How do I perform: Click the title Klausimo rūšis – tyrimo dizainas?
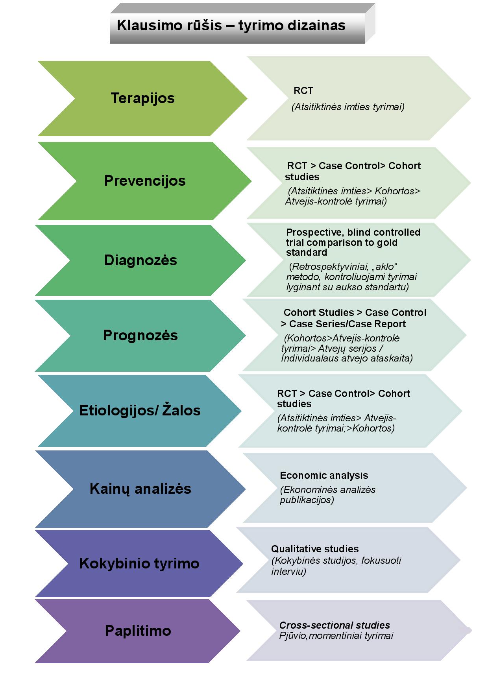(231, 26)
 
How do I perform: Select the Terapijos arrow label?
(142, 98)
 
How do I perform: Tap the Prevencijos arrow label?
(145, 181)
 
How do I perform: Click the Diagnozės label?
(140, 260)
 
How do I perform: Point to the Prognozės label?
(140, 336)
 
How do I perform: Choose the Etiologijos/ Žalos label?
(140, 410)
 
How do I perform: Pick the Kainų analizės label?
(140, 489)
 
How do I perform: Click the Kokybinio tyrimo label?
(139, 564)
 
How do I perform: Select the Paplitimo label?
(138, 631)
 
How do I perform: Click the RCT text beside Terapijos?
(303, 91)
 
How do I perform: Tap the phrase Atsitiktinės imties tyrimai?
(348, 107)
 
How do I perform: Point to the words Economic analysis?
(324, 476)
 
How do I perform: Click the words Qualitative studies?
(315, 549)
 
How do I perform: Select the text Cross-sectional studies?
(335, 625)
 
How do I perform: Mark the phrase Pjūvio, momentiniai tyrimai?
(336, 636)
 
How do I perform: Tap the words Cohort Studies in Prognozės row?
(319, 313)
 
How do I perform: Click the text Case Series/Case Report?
(348, 324)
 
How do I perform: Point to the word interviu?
(288, 572)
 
